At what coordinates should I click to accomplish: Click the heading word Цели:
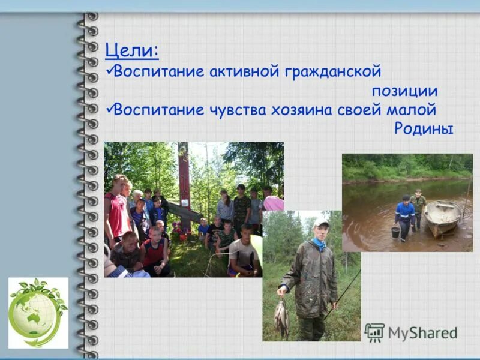click(x=131, y=50)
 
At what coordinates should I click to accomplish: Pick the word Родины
click(x=424, y=129)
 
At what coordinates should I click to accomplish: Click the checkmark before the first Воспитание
click(x=108, y=71)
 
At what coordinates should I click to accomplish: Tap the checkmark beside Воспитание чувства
click(x=108, y=109)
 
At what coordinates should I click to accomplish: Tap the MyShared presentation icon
click(x=374, y=332)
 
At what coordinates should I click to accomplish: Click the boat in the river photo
click(x=443, y=217)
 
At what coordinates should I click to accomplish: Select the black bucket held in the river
click(x=395, y=232)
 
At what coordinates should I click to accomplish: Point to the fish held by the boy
click(x=281, y=317)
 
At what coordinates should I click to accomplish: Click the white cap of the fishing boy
click(x=322, y=223)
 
